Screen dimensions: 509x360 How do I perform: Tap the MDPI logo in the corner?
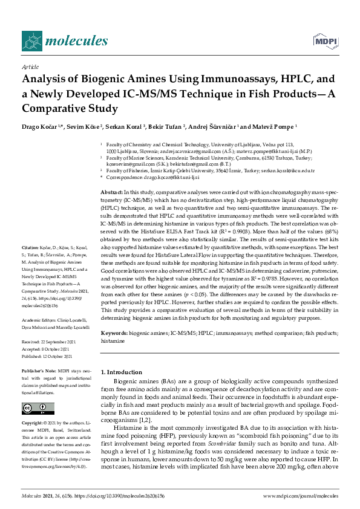(324, 41)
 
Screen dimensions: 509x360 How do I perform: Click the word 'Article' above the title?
(30, 66)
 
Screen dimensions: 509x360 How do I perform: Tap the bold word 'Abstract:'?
(111, 191)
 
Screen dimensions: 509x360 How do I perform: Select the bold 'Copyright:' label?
(34, 423)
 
